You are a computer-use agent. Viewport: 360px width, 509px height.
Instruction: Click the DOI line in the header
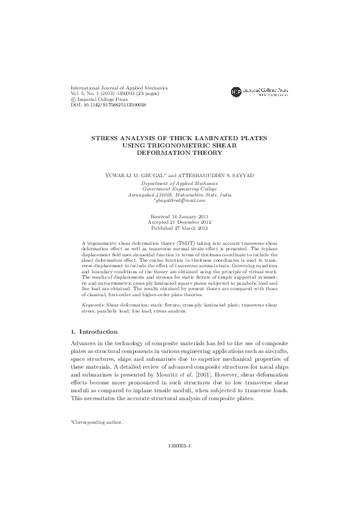(108, 105)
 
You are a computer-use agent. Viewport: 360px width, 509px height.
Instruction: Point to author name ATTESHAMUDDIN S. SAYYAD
(203, 175)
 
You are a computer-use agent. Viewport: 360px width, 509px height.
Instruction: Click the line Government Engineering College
(180, 189)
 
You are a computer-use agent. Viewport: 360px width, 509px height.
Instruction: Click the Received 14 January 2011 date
(180, 216)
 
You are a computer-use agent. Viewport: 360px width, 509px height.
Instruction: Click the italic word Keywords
(92, 306)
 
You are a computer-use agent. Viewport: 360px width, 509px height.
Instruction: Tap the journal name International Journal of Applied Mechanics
(119, 88)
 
